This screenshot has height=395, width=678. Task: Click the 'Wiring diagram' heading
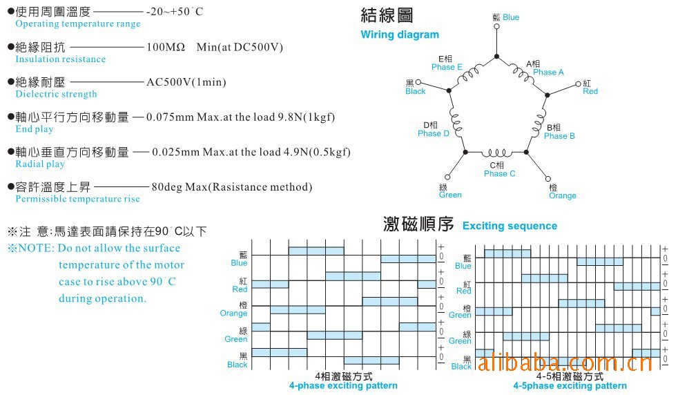pos(400,35)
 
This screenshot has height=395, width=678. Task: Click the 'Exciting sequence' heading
pos(510,226)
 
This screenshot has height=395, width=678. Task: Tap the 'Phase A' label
pos(548,72)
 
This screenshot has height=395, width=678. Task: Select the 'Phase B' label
pos(559,136)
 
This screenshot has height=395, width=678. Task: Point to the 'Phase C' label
pos(499,173)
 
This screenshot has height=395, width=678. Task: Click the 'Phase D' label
pos(434,133)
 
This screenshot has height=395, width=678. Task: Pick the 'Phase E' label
pos(447,67)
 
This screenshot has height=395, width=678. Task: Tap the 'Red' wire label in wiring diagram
pos(590,91)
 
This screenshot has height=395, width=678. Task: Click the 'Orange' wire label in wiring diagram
pos(563,195)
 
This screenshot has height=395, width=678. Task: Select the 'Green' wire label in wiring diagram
pos(450,195)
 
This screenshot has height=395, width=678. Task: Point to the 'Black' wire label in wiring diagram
pos(416,91)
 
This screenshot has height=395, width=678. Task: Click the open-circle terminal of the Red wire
pos(579,84)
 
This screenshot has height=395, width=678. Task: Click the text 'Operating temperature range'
pos(78,24)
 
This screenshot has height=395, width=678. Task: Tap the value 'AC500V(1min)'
pos(186,82)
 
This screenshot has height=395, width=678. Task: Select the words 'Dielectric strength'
pos(57,95)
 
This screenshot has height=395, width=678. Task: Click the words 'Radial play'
pos(40,164)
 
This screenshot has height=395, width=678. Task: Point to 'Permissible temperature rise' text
pos(77,199)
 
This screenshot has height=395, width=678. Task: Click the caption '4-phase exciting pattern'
pos(343,385)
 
